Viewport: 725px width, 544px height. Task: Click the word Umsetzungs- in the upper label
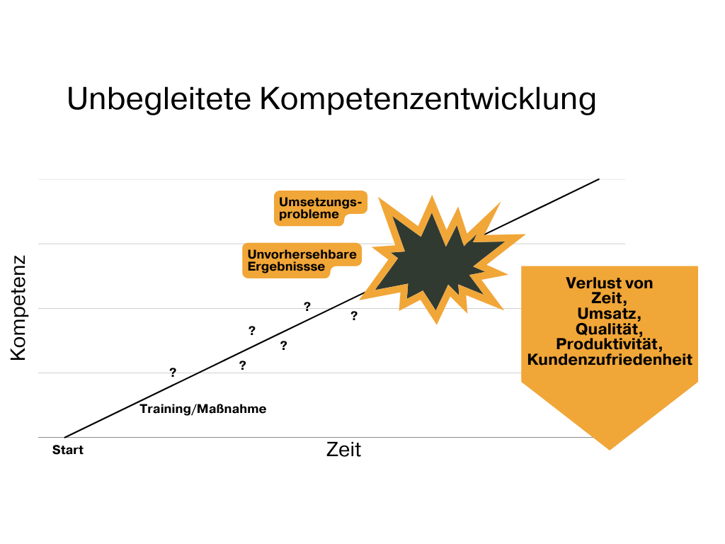click(319, 203)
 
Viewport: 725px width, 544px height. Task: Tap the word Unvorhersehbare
click(302, 254)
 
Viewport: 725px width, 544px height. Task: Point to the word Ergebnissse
click(286, 267)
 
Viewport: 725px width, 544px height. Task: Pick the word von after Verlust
click(639, 283)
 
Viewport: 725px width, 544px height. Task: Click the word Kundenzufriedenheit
click(610, 360)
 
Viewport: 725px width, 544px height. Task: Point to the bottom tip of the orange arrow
click(610, 449)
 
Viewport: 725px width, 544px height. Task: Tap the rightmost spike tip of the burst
click(525, 234)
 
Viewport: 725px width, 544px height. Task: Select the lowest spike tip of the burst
click(437, 324)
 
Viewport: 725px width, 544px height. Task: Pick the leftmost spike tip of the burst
click(360, 299)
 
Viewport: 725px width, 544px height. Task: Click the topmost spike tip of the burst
click(432, 196)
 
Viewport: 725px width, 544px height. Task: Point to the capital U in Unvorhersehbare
click(252, 254)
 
